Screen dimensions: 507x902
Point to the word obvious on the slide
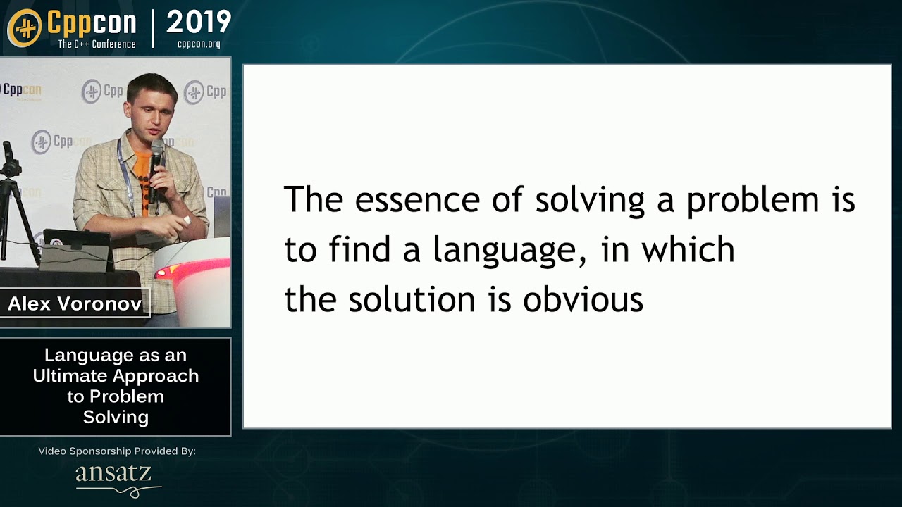(583, 300)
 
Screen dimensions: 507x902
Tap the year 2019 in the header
(198, 23)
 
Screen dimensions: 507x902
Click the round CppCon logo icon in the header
(24, 28)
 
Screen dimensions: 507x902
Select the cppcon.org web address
(198, 44)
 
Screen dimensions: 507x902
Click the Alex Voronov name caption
(75, 304)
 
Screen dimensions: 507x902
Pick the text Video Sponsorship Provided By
(116, 451)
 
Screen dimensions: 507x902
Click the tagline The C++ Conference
(97, 44)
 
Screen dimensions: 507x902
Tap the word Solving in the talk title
(116, 417)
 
